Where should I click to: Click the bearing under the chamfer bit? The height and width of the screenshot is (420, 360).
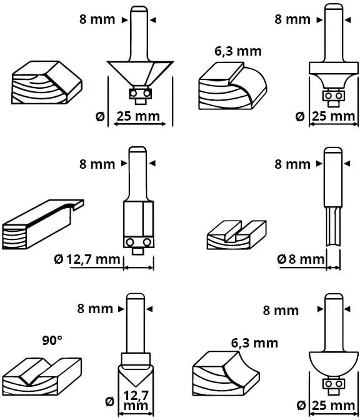[139, 93]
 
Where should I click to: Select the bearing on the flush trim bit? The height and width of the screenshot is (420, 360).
[138, 242]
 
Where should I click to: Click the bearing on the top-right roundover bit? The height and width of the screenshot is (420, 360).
[332, 96]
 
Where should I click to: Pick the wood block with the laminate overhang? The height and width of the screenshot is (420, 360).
[41, 223]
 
